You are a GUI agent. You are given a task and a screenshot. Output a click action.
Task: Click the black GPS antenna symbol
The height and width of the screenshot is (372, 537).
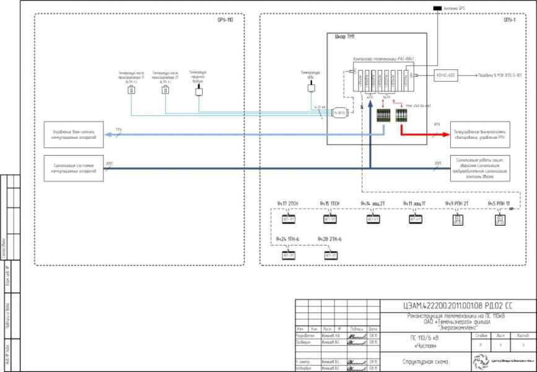(x=437, y=8)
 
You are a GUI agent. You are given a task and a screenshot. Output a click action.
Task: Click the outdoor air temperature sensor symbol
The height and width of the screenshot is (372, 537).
(x=199, y=90)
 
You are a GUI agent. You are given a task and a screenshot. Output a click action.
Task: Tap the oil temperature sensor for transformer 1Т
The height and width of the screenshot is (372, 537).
(x=131, y=91)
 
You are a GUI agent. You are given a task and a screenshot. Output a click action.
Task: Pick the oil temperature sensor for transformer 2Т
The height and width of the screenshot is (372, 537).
(x=165, y=91)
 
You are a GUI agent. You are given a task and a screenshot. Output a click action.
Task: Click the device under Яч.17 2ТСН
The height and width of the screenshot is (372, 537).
(x=289, y=219)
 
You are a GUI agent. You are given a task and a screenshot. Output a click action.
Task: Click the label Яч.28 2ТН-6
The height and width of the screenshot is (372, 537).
(x=330, y=239)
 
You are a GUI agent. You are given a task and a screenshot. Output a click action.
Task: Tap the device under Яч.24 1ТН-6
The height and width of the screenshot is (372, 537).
(x=289, y=254)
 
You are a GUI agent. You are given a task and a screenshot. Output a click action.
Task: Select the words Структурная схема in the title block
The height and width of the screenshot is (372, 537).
(x=424, y=361)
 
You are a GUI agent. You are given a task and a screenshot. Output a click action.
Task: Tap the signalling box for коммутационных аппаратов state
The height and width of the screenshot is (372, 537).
(x=73, y=168)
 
